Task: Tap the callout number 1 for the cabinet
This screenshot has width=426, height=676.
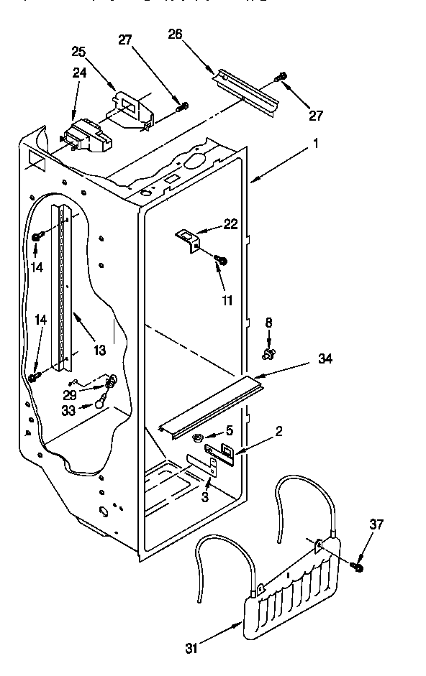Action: pos(315,143)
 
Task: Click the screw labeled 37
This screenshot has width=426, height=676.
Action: pos(357,567)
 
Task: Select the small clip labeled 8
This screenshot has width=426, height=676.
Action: pos(270,353)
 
